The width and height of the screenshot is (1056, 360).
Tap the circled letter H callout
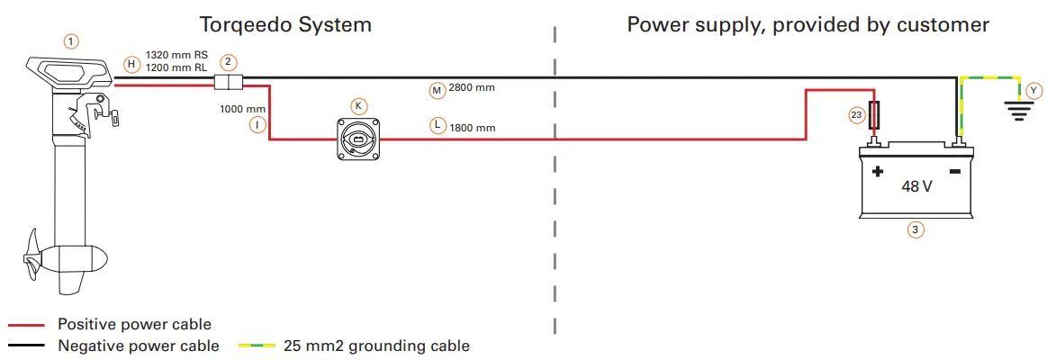click(131, 64)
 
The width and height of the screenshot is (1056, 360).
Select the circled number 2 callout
click(230, 62)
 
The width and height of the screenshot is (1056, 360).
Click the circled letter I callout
click(258, 125)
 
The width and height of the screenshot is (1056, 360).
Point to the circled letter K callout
click(358, 105)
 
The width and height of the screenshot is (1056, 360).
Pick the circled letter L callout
click(438, 126)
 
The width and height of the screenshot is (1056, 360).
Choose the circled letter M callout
click(437, 90)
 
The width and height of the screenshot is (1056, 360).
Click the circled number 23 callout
click(857, 114)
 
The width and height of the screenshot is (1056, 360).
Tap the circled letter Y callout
click(1034, 90)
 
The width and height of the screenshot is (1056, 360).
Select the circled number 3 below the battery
click(916, 229)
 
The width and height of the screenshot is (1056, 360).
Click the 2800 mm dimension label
click(472, 89)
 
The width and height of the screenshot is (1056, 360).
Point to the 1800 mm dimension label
click(473, 128)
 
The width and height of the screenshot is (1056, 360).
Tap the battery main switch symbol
click(358, 139)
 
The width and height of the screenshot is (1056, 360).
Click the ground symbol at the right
click(1017, 111)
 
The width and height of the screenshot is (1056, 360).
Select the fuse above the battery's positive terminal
click(874, 116)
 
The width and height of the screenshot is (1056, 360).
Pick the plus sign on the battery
click(877, 171)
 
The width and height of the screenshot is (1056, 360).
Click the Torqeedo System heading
click(284, 23)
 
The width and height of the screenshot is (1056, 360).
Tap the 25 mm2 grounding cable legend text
click(376, 346)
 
